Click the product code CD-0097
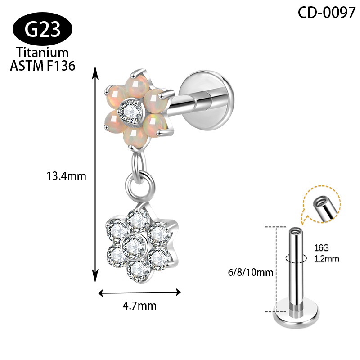point(327,12)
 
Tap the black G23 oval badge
point(42,29)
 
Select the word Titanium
point(42,52)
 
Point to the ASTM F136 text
point(43,66)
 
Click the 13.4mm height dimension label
point(66,176)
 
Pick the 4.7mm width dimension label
point(139,306)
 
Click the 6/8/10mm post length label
point(251,273)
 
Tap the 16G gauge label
point(321,248)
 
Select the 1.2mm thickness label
point(327,259)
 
